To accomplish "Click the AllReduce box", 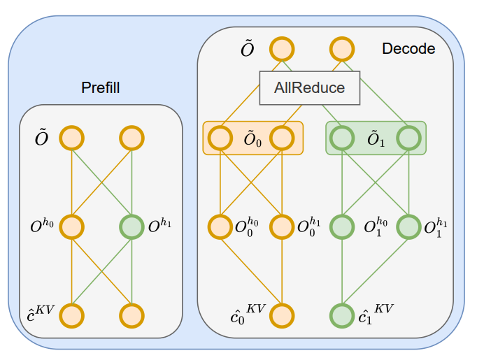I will point(309,88).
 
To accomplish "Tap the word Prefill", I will point(101,87).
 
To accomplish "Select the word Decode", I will point(408,49).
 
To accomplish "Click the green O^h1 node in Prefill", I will point(132,226).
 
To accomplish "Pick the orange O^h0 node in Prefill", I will point(72,226).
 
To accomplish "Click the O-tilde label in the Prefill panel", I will point(42,138).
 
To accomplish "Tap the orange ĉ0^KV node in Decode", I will point(282,315).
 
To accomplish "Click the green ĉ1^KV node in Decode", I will point(342,315).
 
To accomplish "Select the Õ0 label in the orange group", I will point(252,138).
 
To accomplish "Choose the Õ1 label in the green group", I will point(376,138).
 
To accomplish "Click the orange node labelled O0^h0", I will point(221,226).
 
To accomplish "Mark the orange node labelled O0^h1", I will point(282,226).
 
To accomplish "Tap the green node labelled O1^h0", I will point(342,226).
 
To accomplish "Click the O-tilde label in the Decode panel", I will point(247,49).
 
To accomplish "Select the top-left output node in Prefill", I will point(72,138).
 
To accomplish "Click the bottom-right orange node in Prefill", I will point(132,315).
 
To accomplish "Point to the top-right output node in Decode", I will point(342,49).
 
